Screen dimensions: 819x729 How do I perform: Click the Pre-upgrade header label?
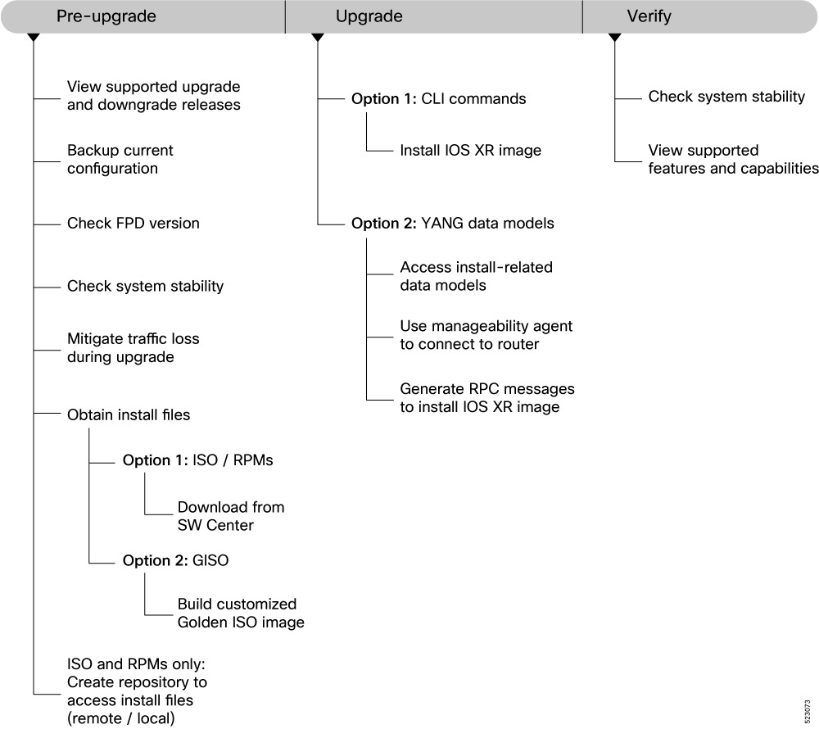coord(106,16)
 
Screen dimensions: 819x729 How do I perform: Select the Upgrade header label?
coord(369,16)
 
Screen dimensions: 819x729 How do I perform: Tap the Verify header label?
coord(649,16)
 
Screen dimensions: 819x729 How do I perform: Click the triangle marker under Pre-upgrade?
coord(34,38)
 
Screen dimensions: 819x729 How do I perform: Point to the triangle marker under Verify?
coord(615,38)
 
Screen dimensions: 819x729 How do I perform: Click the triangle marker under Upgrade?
coord(318,38)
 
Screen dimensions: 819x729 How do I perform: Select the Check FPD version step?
coord(133,224)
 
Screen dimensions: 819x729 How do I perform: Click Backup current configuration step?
coord(120,159)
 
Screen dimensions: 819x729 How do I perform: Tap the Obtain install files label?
coord(129,414)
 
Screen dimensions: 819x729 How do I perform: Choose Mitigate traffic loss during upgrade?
coord(133,348)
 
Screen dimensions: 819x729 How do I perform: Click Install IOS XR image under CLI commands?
coord(471,151)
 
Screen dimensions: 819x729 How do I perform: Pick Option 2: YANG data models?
coord(452,224)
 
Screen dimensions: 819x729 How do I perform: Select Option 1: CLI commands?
coord(439,98)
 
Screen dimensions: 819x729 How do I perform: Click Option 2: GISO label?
coord(175,560)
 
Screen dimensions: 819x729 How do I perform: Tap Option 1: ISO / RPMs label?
coord(198,460)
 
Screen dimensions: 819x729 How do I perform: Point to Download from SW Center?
coord(231,516)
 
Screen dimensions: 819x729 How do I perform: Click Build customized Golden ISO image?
coord(241,613)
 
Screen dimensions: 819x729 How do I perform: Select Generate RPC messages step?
coord(486,398)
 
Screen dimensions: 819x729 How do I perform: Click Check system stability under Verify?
coord(726,97)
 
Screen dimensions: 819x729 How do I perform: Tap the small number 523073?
coord(807,712)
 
